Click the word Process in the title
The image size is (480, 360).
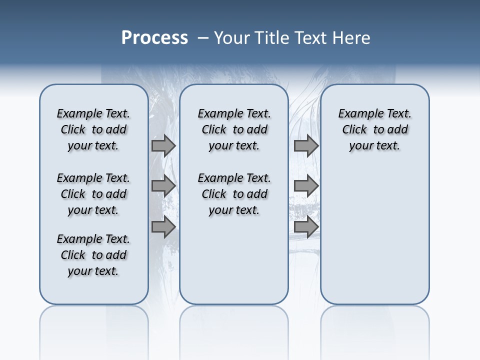[x=154, y=38]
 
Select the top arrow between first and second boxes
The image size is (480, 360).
[x=163, y=145]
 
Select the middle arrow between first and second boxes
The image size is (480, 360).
[x=163, y=186]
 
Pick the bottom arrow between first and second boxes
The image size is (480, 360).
[x=163, y=227]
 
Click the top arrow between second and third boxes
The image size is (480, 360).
[x=306, y=145]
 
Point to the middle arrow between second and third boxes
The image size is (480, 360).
[x=306, y=186]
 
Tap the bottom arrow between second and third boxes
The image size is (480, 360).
[x=306, y=227]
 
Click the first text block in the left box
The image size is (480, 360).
[x=93, y=129]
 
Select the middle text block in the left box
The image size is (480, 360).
[x=93, y=194]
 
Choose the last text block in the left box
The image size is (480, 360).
[x=93, y=255]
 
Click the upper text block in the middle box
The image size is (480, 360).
[x=234, y=129]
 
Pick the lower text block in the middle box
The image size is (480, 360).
[x=234, y=194]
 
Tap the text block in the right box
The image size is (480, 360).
[x=374, y=129]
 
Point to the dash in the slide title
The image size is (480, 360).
[x=203, y=38]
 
